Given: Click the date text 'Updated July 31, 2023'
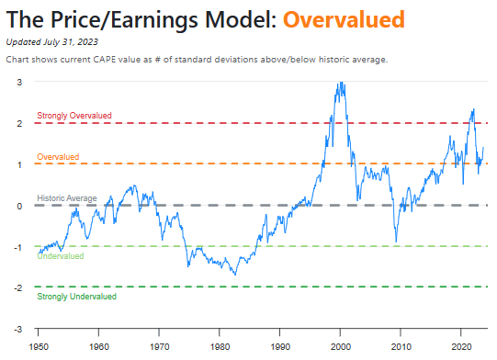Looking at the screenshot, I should point(51,41).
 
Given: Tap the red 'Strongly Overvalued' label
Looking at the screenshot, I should point(74,116).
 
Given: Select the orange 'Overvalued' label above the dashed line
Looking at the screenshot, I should point(58,157).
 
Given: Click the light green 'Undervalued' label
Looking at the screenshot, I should point(61,256).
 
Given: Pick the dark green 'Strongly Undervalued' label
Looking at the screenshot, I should point(76,297).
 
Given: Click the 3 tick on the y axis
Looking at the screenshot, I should point(20,82).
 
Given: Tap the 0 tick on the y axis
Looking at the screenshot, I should point(20,206).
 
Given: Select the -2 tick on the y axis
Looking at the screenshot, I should point(18,288).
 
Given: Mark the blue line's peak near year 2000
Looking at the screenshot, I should point(341,83).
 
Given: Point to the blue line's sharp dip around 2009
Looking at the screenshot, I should point(396,242).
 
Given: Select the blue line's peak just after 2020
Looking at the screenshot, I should point(472,109).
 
